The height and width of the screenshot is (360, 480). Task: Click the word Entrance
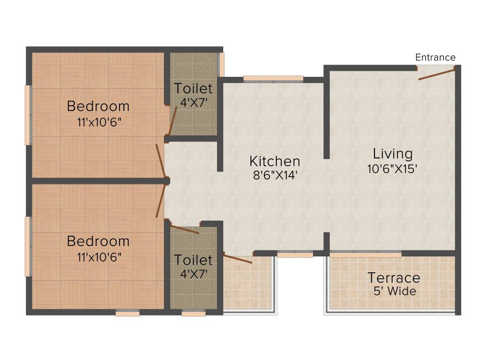[435, 57]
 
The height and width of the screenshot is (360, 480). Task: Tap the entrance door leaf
[436, 74]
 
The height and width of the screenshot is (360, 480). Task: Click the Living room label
[393, 153]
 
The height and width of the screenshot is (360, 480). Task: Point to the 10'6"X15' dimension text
[393, 169]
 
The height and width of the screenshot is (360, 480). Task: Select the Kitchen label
[275, 161]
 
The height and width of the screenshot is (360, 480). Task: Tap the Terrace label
[394, 277]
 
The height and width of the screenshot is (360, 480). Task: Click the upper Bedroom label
[98, 106]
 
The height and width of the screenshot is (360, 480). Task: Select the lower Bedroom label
[98, 241]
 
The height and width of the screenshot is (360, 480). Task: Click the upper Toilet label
[193, 88]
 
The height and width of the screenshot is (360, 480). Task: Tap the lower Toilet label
[193, 260]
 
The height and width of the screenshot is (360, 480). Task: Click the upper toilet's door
[172, 121]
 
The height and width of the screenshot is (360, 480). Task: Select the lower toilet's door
[184, 229]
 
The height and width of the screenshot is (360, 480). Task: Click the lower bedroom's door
[160, 201]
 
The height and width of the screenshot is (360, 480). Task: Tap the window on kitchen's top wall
[273, 78]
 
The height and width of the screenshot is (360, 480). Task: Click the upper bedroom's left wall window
[28, 115]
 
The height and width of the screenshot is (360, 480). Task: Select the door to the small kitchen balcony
[238, 258]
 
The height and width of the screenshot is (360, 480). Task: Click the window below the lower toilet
[193, 314]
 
